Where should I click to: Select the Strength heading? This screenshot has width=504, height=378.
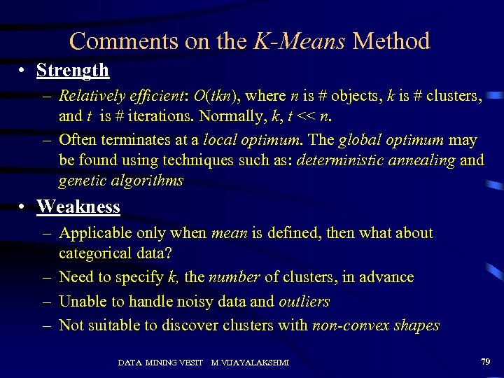(x=73, y=70)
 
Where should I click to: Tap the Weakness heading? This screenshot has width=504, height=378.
(x=78, y=206)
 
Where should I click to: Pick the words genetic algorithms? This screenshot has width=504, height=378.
(x=121, y=181)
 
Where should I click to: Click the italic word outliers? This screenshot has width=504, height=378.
(x=304, y=302)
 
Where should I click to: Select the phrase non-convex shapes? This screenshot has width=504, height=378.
(x=375, y=325)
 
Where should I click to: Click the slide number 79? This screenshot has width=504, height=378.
(x=485, y=361)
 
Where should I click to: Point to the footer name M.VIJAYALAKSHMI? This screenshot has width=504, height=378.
(x=251, y=363)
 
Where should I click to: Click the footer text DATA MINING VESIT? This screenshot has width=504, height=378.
(x=160, y=363)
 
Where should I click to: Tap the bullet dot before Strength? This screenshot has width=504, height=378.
(x=23, y=71)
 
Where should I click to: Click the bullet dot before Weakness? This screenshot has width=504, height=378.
(x=23, y=207)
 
